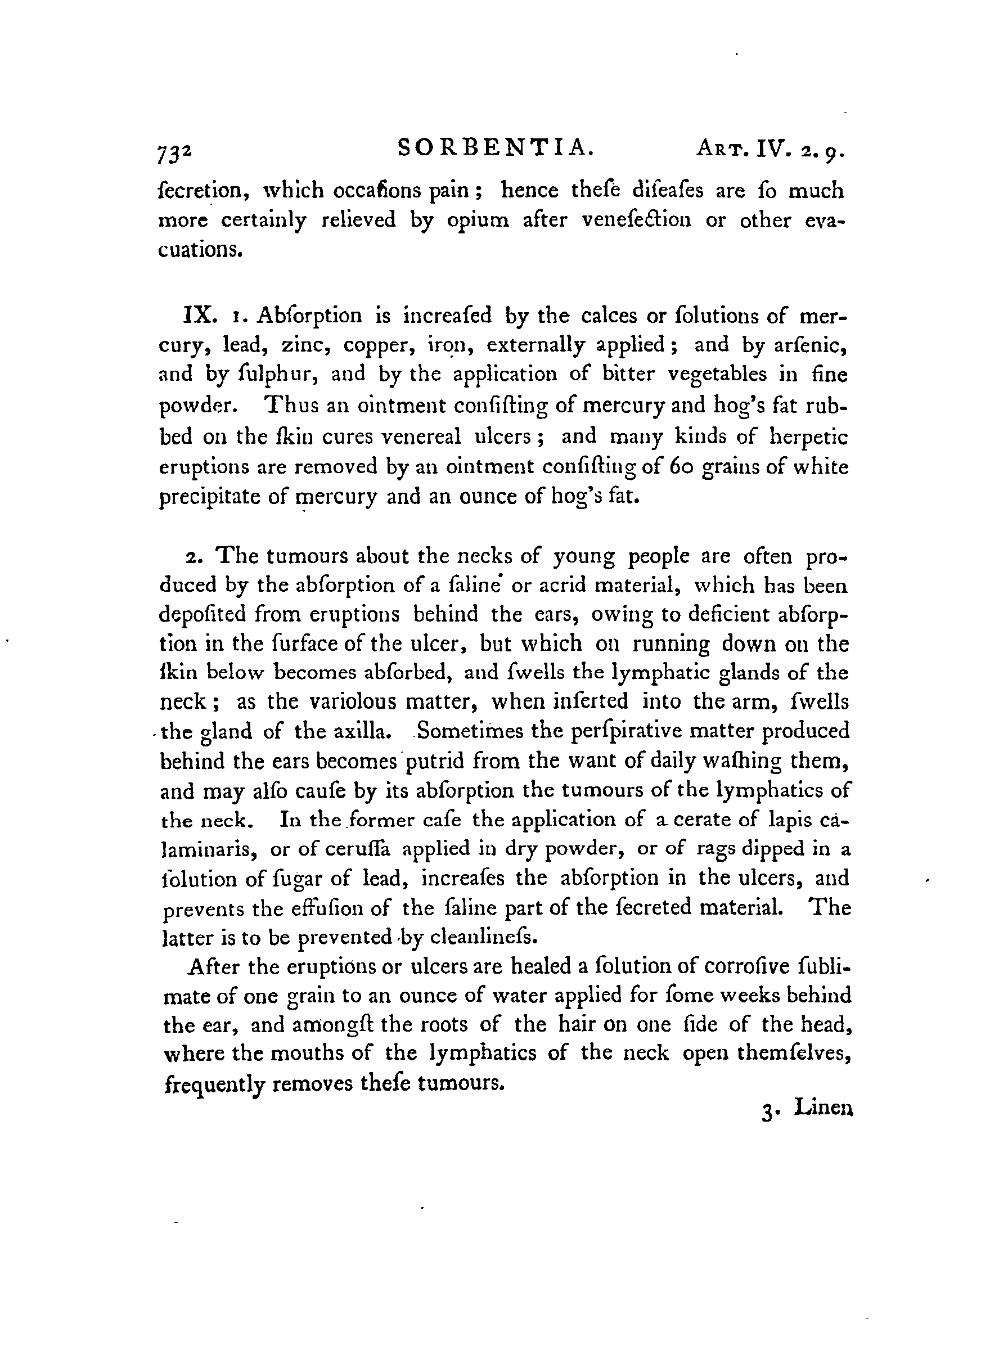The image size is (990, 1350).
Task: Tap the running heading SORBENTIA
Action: [496, 147]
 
